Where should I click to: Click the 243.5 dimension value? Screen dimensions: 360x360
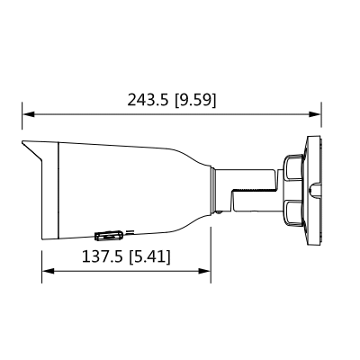149,98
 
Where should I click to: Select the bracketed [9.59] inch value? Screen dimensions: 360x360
195,98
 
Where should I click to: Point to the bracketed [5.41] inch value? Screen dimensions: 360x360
150,257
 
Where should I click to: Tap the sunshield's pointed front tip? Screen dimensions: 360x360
22,142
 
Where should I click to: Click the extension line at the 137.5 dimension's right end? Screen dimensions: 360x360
211,256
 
